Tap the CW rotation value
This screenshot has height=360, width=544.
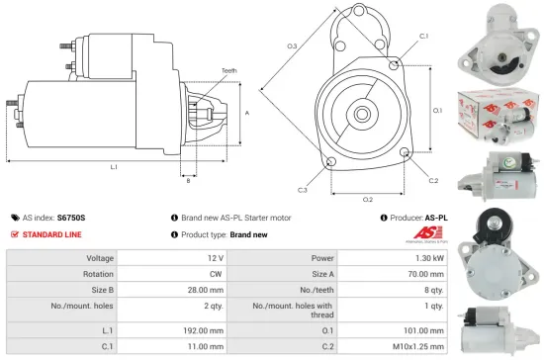(x=217, y=274)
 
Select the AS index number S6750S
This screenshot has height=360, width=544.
(x=71, y=217)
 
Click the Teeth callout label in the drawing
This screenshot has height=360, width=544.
(x=229, y=70)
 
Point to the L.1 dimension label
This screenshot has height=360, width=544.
(x=114, y=167)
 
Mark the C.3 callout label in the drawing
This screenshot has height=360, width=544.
(x=302, y=189)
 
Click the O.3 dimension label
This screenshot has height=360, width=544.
(x=293, y=46)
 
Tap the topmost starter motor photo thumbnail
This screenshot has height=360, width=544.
(x=492, y=39)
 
